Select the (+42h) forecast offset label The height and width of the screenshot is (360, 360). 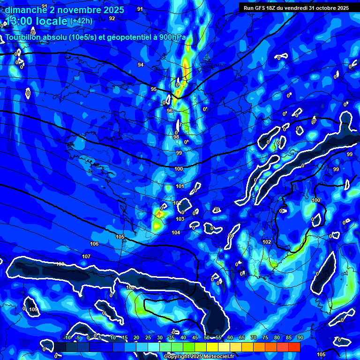(81, 21)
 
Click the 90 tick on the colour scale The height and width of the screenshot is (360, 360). (300, 338)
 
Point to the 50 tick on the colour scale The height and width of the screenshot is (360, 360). (207, 338)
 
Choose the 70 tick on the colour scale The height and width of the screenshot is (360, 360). (253, 338)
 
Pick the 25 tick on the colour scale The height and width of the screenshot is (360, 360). (148, 338)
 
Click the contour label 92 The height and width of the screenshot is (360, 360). (112, 18)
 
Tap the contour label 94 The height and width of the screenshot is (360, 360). (141, 65)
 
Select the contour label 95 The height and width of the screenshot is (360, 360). (154, 89)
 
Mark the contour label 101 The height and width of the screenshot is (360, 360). (180, 186)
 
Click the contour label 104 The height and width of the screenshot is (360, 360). (176, 232)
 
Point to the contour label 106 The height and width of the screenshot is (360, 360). (94, 244)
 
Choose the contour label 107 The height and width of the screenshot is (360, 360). (86, 256)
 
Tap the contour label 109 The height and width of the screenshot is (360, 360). (33, 310)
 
